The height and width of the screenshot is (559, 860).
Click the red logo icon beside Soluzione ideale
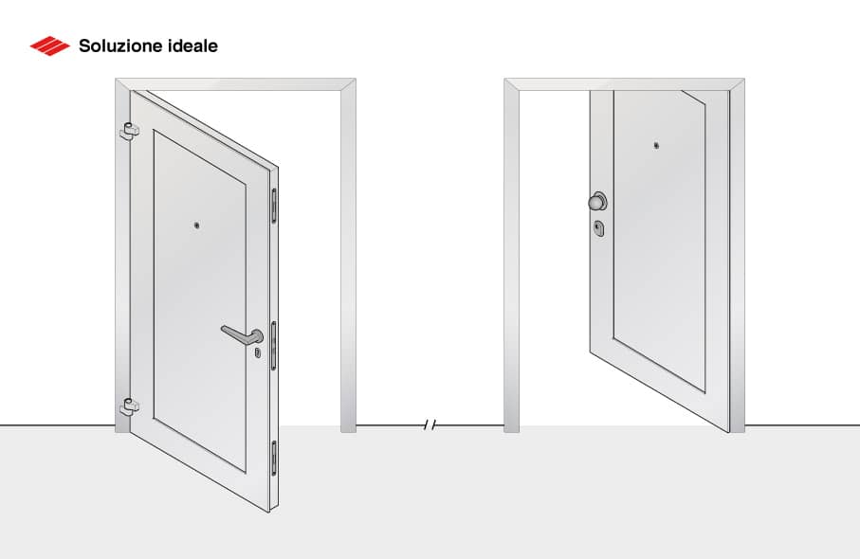(x=49, y=45)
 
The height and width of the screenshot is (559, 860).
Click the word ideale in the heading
(x=194, y=45)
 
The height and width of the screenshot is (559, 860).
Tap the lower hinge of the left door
(x=128, y=407)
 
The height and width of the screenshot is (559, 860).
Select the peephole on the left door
(x=195, y=225)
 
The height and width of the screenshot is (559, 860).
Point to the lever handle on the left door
(x=242, y=334)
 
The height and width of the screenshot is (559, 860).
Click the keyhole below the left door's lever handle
(x=257, y=352)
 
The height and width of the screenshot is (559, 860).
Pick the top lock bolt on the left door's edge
(x=275, y=207)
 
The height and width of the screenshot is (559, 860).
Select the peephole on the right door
(x=656, y=145)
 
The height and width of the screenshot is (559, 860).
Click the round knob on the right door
(x=596, y=201)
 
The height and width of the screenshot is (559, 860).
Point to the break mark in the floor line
(x=430, y=425)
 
